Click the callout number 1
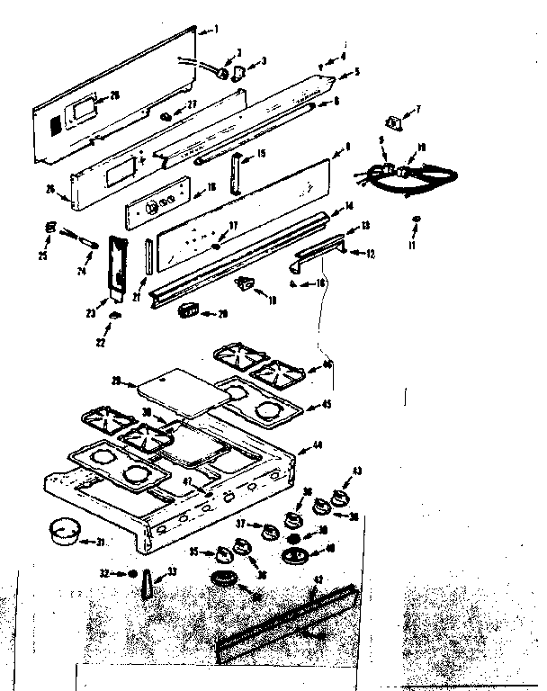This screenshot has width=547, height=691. [x=216, y=30]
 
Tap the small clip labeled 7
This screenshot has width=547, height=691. [x=392, y=121]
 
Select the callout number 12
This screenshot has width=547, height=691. [x=369, y=255]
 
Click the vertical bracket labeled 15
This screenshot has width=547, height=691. [x=236, y=172]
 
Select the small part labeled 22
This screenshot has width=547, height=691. [x=114, y=315]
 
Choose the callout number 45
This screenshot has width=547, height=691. [x=327, y=405]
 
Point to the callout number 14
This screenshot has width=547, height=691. [x=349, y=207]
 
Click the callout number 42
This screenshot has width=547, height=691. [x=314, y=593]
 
